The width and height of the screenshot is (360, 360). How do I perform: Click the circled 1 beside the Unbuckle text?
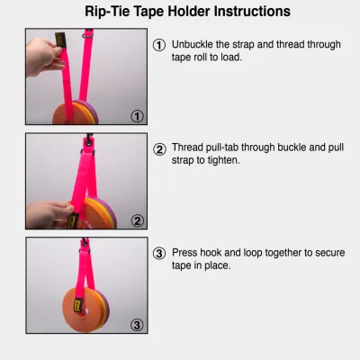point(159,45)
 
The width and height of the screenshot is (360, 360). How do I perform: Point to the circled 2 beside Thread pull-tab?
point(159,149)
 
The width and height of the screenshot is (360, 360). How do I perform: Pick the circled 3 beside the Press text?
point(159,253)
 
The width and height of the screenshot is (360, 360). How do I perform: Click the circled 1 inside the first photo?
point(137,115)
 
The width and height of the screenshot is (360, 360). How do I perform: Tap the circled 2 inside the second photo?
point(137,220)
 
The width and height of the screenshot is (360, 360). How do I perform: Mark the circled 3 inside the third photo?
point(137,324)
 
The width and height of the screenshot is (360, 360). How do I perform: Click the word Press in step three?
point(186,253)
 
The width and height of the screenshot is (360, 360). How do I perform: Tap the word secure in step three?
point(316,253)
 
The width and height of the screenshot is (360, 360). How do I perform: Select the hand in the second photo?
point(49,215)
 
